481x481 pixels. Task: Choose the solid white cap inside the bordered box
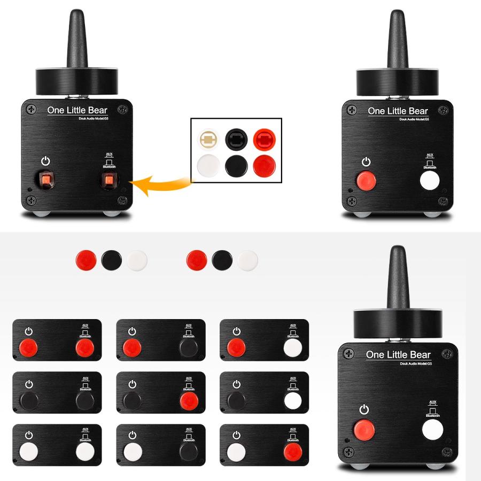[x=208, y=166]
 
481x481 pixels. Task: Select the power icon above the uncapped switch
[x=46, y=161]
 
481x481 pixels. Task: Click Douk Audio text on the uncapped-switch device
[x=87, y=119]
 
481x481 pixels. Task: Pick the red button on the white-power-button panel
[x=292, y=452]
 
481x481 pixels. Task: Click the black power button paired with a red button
[x=131, y=400]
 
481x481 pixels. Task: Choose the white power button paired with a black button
[x=131, y=452]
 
